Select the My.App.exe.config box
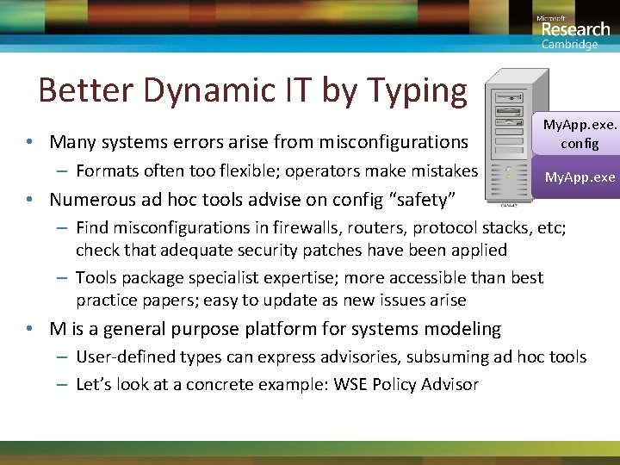point(579,134)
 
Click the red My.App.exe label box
point(579,177)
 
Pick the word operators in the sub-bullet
point(319,170)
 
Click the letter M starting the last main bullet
point(58,329)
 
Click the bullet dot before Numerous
point(30,200)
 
